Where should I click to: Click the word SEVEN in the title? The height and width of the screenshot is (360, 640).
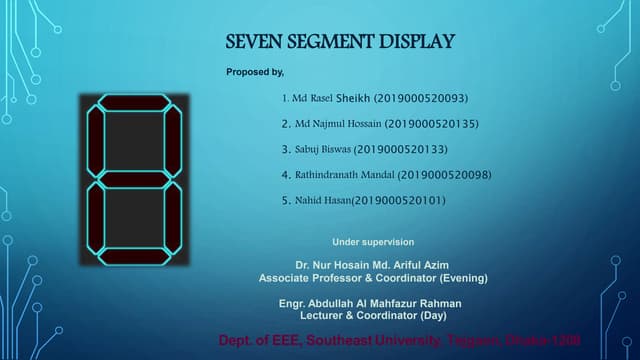(x=251, y=42)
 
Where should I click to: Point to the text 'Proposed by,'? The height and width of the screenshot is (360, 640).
(x=255, y=72)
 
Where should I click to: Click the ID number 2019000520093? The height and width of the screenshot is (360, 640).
(x=421, y=99)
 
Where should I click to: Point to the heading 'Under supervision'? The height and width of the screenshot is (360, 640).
(x=373, y=242)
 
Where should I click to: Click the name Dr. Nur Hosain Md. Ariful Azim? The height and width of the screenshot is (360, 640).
(x=372, y=264)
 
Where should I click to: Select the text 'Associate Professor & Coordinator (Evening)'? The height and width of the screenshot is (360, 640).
(x=373, y=277)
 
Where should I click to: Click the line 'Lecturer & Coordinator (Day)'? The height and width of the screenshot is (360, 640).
(x=371, y=315)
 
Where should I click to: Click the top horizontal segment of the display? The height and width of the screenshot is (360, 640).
(x=135, y=102)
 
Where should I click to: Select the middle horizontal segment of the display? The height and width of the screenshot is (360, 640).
(x=135, y=180)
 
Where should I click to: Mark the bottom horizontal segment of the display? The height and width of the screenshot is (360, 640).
(x=135, y=258)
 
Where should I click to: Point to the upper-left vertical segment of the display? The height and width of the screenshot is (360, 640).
(x=96, y=140)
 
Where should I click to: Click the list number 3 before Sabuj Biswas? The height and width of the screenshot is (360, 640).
(x=286, y=150)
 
